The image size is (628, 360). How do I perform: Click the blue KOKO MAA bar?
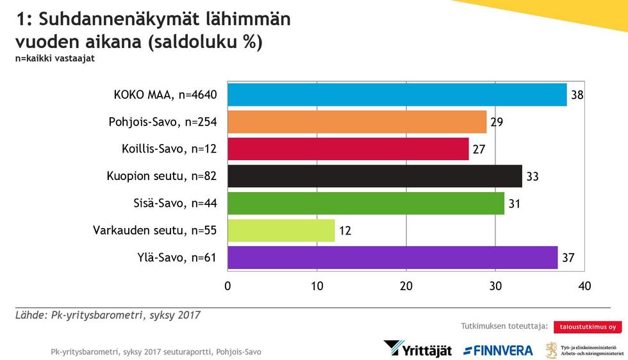click(397, 95)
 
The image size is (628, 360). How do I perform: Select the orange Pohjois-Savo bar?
click(357, 122)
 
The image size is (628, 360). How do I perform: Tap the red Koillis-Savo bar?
click(348, 149)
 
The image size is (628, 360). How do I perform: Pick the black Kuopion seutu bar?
click(375, 176)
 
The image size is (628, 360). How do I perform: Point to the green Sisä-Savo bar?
click(366, 202)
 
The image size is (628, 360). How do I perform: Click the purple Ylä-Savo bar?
click(393, 257)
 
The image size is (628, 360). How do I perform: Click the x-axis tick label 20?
click(406, 286)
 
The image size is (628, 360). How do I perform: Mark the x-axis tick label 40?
click(584, 286)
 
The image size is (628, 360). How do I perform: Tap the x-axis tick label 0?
click(227, 286)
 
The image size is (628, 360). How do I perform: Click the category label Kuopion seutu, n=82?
click(160, 176)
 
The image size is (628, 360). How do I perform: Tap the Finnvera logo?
click(498, 350)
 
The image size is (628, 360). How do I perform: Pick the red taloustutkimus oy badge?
click(588, 327)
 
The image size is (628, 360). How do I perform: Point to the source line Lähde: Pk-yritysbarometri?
click(108, 315)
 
